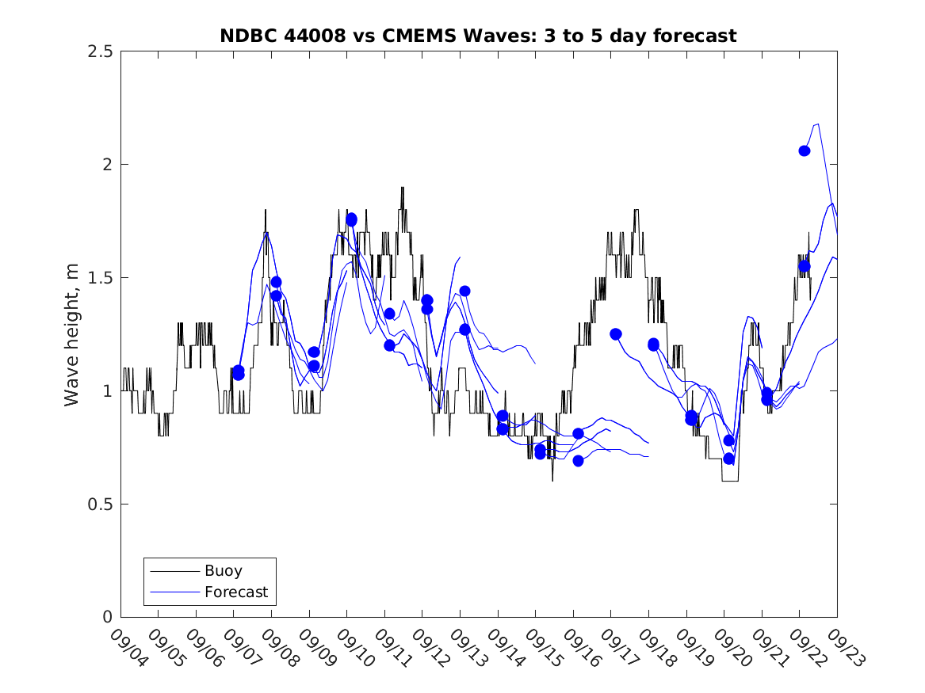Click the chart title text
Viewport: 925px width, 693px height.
coord(478,36)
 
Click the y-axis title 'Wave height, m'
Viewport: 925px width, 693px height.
coord(72,334)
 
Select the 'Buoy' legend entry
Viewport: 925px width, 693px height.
coord(223,570)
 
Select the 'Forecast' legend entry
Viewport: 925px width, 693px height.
coord(235,592)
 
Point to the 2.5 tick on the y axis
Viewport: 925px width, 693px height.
coord(104,51)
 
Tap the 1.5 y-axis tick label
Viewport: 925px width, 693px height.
coord(104,278)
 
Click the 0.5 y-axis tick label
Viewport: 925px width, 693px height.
coord(104,505)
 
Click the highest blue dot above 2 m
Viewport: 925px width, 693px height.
coord(805,150)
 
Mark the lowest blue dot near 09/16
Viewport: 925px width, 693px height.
coord(578,461)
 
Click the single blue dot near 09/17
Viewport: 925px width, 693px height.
coord(616,334)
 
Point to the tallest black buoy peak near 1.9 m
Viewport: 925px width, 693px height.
coord(403,188)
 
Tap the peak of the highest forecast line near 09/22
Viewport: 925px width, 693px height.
coord(817,124)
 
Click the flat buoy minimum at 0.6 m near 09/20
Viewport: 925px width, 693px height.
coord(730,481)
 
